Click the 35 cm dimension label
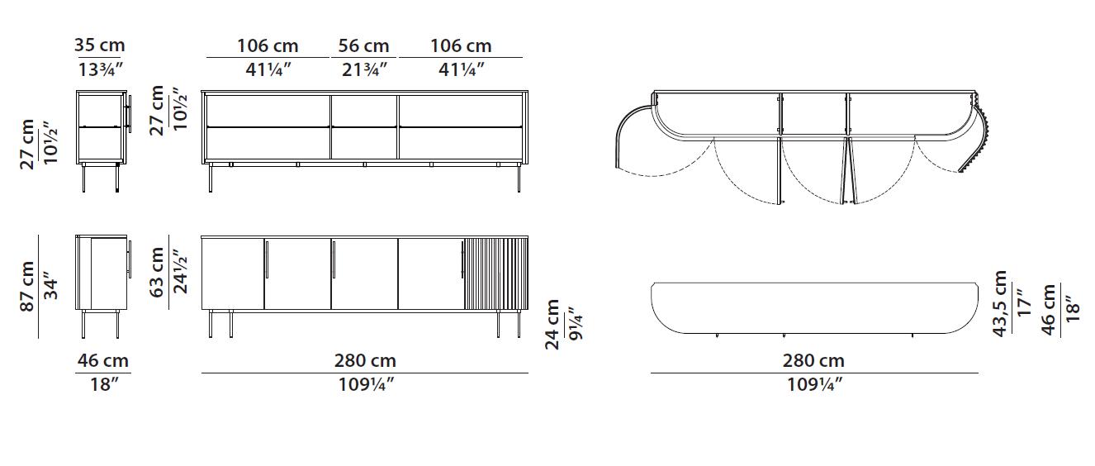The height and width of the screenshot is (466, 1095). point(100,45)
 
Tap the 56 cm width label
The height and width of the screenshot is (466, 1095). point(363,46)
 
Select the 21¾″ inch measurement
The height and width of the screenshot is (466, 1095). point(364,70)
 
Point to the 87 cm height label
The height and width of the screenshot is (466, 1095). point(27,286)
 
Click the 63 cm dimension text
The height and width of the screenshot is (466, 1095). point(156,272)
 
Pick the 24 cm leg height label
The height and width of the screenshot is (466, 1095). point(552,324)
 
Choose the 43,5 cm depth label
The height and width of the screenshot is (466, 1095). point(1000,303)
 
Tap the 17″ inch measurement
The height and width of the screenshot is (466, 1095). point(1023,303)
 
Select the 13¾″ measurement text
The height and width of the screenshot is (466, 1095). point(100,70)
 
